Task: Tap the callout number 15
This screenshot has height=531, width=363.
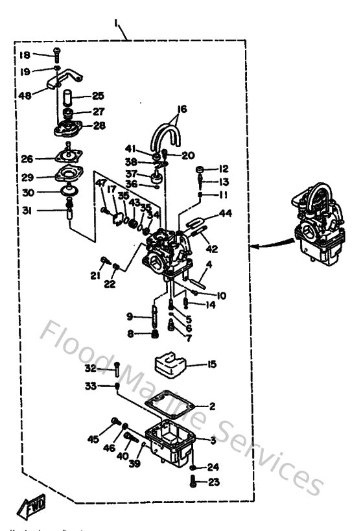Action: (211, 365)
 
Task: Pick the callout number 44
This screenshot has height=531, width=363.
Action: (225, 213)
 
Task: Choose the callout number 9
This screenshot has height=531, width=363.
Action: (130, 316)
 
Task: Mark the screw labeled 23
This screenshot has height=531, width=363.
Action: (193, 482)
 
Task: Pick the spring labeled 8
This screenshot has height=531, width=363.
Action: (154, 334)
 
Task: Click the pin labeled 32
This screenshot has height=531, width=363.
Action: (116, 370)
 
